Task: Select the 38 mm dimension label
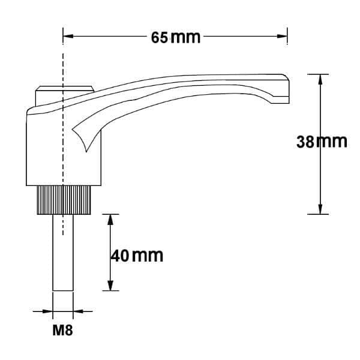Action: [x=322, y=142]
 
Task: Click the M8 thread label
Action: [x=63, y=330]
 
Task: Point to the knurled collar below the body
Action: [x=63, y=200]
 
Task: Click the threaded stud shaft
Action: [x=63, y=252]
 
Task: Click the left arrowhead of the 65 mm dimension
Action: [x=68, y=37]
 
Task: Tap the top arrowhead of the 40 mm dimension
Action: [x=110, y=218]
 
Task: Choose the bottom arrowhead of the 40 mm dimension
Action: [x=110, y=286]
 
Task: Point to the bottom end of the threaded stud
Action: [x=63, y=290]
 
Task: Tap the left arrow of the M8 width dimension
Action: [x=48, y=311]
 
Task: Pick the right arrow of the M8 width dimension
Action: [x=77, y=311]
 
